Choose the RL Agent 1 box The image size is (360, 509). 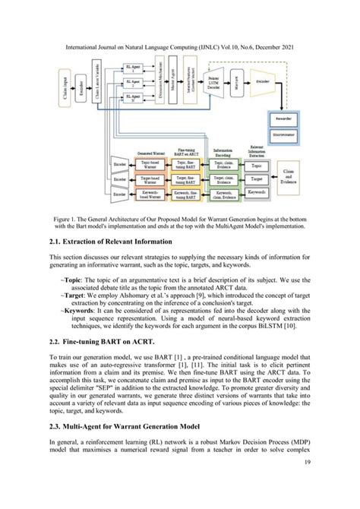pos(136,69)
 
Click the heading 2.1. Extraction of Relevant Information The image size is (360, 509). pos(110,242)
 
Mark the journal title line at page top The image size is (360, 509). pos(179,47)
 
